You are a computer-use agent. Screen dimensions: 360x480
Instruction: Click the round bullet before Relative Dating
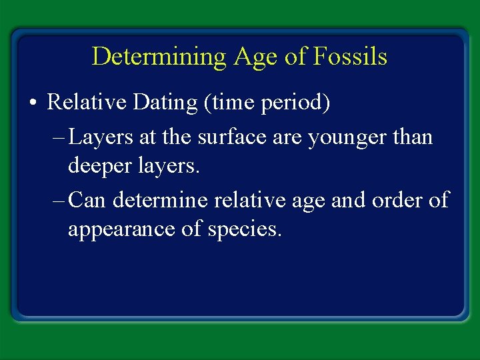(33, 103)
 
